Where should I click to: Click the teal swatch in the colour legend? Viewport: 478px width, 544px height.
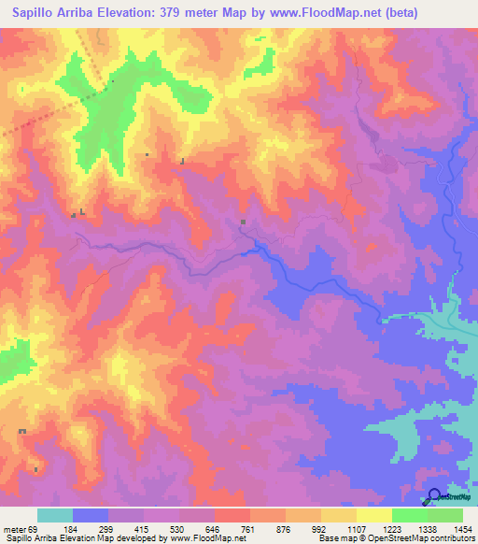point(55,515)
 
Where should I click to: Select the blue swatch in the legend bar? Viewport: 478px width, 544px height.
point(91,515)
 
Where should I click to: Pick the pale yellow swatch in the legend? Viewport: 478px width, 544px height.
point(373,515)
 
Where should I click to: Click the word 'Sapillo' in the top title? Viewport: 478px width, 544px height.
point(35,13)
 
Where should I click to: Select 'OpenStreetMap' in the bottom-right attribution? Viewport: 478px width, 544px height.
point(391,539)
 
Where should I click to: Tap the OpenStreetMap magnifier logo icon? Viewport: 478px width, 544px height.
point(434,495)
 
